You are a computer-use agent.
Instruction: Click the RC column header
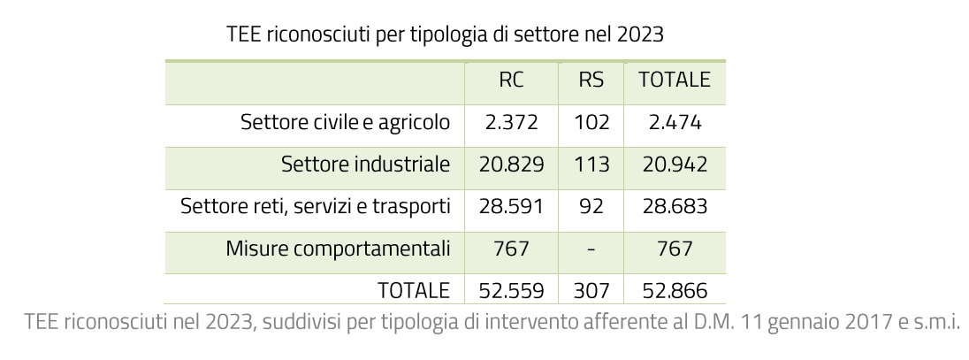(x=511, y=80)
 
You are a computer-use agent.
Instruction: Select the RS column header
(x=591, y=80)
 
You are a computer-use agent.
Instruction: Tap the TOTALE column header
(x=675, y=80)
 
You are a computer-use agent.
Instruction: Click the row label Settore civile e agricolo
(x=345, y=122)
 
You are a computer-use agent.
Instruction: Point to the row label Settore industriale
(x=365, y=164)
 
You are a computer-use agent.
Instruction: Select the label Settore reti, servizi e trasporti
(x=316, y=206)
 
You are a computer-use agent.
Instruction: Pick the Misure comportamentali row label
(x=338, y=249)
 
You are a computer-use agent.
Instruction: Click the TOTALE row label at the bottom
(x=414, y=290)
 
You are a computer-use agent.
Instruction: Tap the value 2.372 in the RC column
(x=511, y=122)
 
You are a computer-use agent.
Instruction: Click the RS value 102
(x=591, y=122)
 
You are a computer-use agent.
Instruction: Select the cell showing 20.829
(x=511, y=164)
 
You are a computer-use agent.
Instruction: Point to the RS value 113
(x=591, y=164)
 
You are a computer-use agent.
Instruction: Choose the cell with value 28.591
(x=511, y=206)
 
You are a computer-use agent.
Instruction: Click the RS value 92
(x=591, y=206)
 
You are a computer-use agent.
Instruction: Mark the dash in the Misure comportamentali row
(x=591, y=249)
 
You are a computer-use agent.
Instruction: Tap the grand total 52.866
(x=675, y=290)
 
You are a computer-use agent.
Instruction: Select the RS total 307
(x=591, y=290)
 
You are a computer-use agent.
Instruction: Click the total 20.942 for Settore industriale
(x=675, y=164)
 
